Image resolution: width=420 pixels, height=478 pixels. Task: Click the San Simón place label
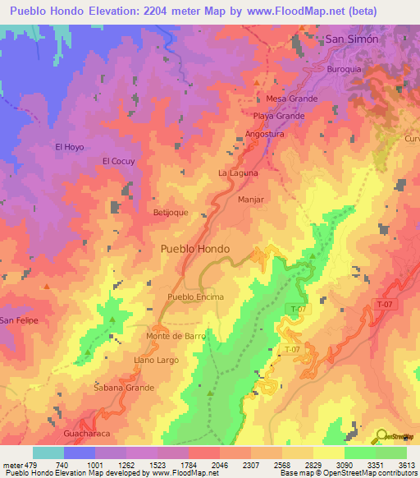[352, 39]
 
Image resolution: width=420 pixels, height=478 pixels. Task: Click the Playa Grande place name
[279, 116]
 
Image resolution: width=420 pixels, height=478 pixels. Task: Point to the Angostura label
[264, 133]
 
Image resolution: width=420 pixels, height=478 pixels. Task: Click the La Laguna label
[238, 173]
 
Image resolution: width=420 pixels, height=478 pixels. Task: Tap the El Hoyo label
[69, 147]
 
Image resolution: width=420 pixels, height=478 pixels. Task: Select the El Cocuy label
[118, 162]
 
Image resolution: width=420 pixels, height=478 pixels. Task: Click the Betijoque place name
[171, 212]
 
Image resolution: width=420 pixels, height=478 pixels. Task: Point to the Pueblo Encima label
[195, 296]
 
